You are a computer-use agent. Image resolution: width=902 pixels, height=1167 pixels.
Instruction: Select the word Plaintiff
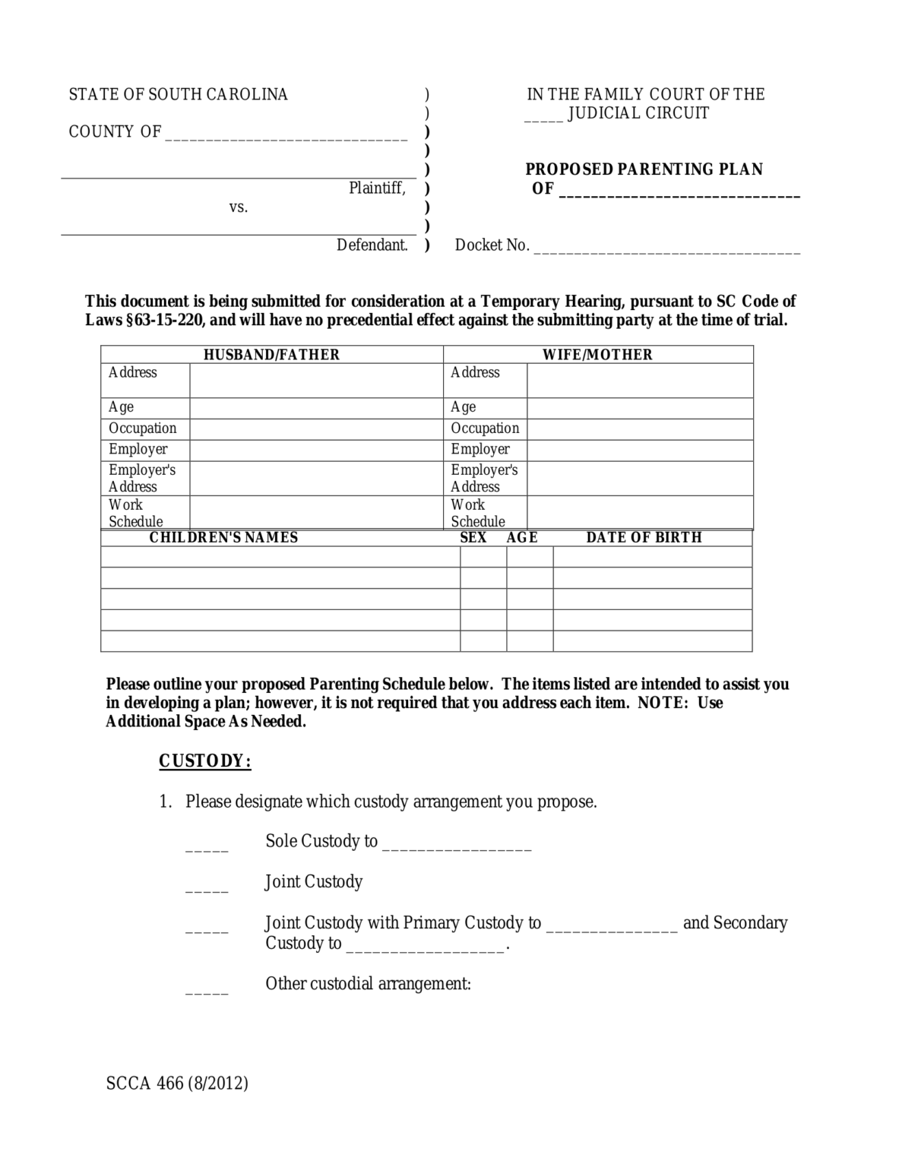(x=377, y=188)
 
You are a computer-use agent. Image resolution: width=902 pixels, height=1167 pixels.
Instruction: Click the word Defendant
(x=372, y=245)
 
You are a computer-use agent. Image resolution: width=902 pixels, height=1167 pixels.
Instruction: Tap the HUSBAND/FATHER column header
(x=271, y=355)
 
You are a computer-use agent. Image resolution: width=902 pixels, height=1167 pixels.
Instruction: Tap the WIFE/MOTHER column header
(x=597, y=355)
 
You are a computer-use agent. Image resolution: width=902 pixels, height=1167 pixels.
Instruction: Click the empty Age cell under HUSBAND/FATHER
(x=315, y=408)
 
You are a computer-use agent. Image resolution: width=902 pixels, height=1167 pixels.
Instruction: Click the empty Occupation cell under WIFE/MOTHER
(x=639, y=429)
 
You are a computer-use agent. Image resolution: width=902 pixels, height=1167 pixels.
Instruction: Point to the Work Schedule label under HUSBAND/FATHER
(x=135, y=513)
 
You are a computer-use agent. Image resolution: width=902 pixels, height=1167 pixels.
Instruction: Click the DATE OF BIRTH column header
(x=644, y=537)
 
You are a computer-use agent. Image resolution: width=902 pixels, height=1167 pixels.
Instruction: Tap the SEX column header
(x=473, y=537)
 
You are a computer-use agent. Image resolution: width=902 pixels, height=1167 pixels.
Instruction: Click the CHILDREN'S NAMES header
(x=223, y=537)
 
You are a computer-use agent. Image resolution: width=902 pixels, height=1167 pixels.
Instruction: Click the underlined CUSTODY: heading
(x=204, y=761)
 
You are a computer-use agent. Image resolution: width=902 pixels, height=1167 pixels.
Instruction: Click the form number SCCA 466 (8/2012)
(x=177, y=1083)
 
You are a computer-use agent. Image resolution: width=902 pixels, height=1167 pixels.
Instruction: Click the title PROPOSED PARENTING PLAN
(x=644, y=169)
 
